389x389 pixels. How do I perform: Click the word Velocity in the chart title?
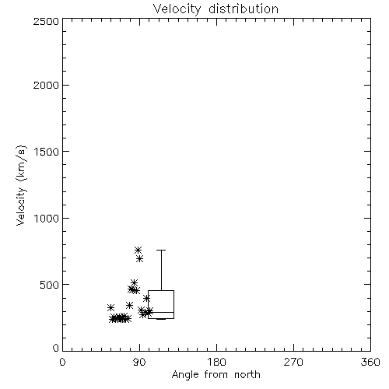click(177, 9)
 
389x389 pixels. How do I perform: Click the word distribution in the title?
click(244, 9)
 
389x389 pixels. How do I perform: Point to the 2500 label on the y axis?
click(47, 21)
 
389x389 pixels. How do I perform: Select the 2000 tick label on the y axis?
click(47, 85)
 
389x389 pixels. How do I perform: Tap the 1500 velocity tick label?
click(47, 152)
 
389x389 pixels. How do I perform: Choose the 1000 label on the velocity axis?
click(47, 218)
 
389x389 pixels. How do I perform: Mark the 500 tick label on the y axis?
click(50, 285)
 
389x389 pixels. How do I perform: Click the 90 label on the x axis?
click(139, 362)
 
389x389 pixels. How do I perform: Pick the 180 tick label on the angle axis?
click(216, 362)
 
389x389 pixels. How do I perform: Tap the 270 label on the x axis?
click(293, 362)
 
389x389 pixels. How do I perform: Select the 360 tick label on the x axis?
click(370, 362)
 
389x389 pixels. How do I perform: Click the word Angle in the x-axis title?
click(185, 375)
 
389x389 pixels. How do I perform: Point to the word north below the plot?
click(247, 374)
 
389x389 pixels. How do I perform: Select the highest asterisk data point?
click(138, 250)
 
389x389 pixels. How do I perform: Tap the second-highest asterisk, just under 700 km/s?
click(140, 258)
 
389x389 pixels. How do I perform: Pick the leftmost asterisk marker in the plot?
click(110, 307)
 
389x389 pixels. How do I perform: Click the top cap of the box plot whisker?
click(161, 250)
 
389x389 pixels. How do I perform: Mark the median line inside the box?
click(161, 312)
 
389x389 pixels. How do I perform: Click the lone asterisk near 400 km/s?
click(147, 298)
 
